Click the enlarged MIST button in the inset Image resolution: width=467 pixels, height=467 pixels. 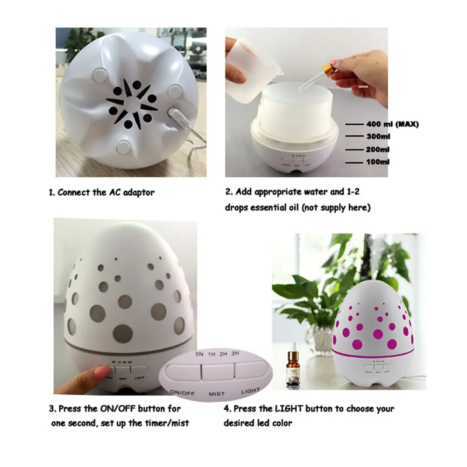click(x=218, y=372)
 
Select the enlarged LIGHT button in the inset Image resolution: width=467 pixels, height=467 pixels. click(x=251, y=371)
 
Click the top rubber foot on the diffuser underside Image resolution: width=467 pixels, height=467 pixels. click(x=101, y=75)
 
